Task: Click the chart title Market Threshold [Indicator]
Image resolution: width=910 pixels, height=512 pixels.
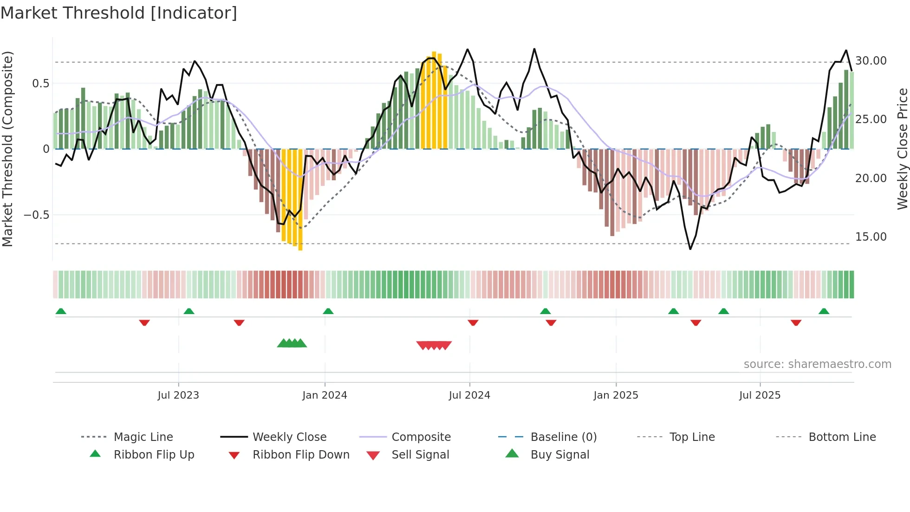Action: click(x=119, y=13)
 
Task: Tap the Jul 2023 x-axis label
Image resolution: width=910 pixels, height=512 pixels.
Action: click(x=178, y=395)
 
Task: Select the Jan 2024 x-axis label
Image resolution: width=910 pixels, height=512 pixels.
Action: click(x=325, y=395)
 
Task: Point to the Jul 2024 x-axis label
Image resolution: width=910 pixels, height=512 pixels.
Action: click(x=469, y=395)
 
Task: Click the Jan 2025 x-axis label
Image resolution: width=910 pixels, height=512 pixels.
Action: click(x=616, y=395)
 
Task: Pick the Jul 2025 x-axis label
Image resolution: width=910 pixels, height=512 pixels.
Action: click(x=760, y=395)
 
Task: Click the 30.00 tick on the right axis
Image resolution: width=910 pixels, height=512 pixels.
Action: click(x=871, y=61)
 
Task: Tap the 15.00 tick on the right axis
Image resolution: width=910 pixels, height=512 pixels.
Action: click(x=871, y=237)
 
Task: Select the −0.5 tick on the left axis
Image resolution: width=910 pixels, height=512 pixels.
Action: click(x=36, y=215)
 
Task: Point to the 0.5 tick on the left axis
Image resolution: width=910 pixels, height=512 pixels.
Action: click(x=40, y=84)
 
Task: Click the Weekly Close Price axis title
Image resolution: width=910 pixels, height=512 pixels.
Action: click(x=902, y=149)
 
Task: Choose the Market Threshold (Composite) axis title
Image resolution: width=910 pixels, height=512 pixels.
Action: click(x=7, y=149)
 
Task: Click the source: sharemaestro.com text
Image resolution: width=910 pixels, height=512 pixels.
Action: click(x=817, y=364)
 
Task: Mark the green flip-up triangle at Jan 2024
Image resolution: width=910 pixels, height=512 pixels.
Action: click(x=328, y=311)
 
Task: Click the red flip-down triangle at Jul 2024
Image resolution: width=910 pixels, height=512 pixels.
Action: click(x=473, y=322)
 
